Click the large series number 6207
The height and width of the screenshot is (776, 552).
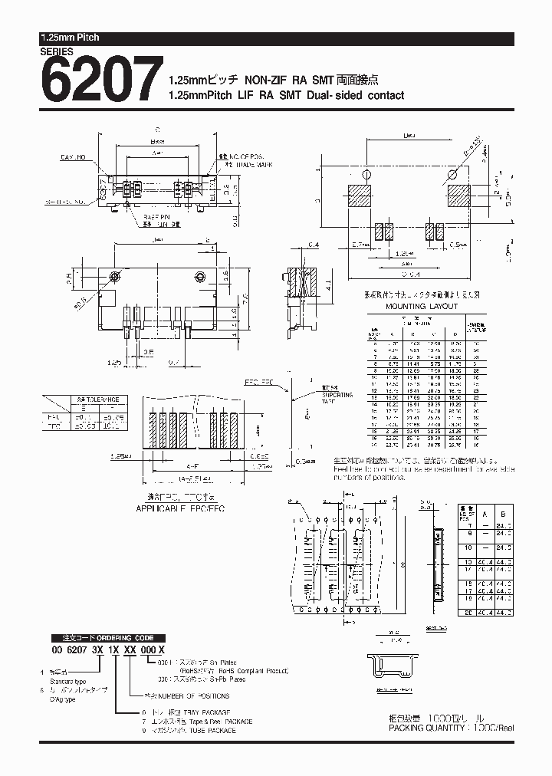click(101, 81)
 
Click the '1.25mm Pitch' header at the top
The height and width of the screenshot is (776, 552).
click(70, 38)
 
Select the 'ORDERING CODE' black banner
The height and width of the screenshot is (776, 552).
click(102, 638)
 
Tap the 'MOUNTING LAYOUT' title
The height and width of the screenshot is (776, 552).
click(422, 306)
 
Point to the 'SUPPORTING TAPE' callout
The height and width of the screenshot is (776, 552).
click(337, 398)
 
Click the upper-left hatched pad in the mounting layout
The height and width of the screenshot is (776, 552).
click(360, 196)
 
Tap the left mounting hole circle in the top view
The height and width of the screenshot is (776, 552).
click(114, 276)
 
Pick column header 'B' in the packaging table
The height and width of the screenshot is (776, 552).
click(502, 515)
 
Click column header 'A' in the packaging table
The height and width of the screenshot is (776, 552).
click(486, 515)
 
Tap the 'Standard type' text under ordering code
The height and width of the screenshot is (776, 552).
click(66, 680)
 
